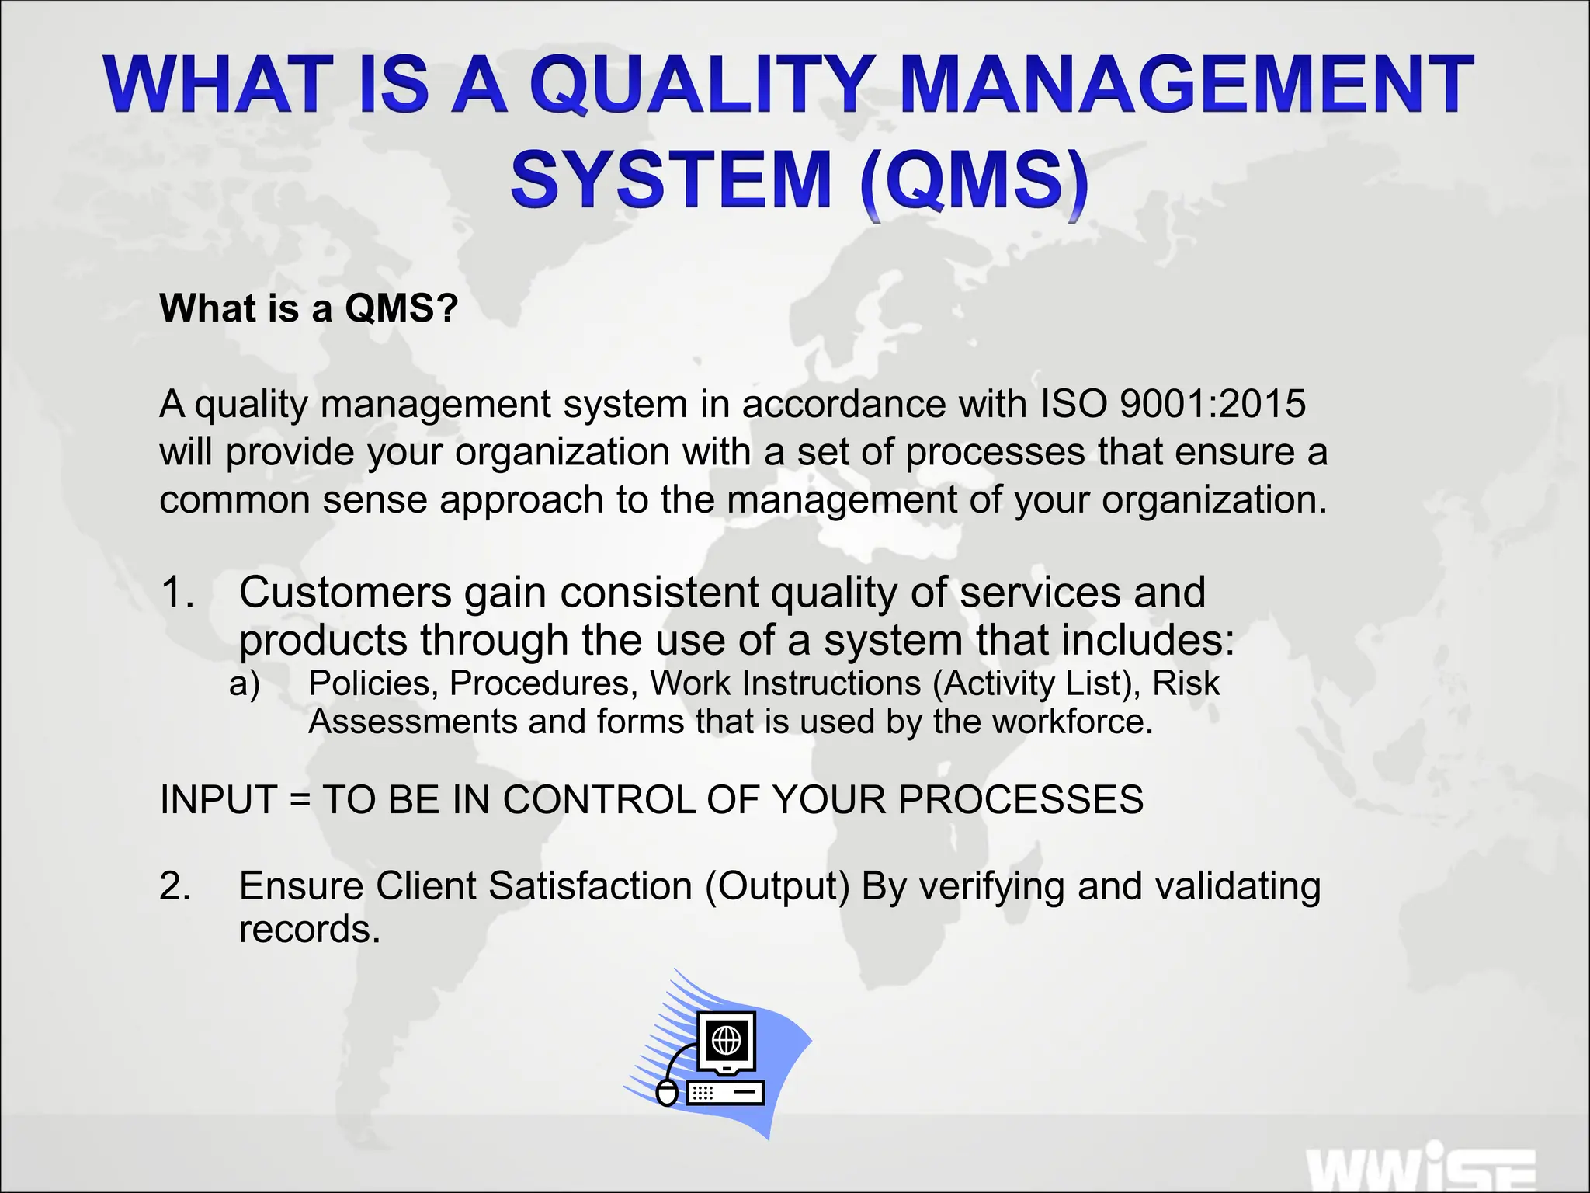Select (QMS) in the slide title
974,180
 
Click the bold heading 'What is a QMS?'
308,308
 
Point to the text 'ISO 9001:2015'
1173,404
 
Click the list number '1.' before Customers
178,592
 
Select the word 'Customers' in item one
345,592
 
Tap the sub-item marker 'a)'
245,683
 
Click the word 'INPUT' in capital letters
218,799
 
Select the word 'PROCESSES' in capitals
1021,799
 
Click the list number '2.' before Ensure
175,886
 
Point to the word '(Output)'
777,886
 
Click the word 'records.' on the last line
309,929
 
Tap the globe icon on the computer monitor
727,1040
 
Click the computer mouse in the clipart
666,1092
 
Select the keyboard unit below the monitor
725,1093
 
